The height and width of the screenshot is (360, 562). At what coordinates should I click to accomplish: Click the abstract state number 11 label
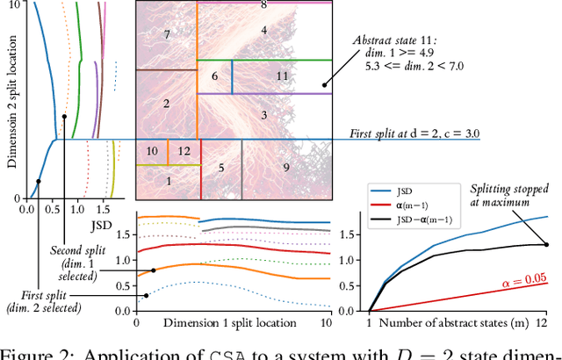pyautogui.click(x=281, y=76)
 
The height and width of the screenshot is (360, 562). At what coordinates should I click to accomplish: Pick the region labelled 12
pyautogui.click(x=183, y=151)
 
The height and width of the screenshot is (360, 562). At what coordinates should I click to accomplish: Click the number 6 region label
pyautogui.click(x=214, y=76)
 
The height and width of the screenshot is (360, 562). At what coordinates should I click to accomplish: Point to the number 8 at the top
pyautogui.click(x=263, y=5)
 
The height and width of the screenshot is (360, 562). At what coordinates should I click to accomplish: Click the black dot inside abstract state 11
pyautogui.click(x=324, y=85)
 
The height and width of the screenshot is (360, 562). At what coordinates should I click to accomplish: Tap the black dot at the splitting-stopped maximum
pyautogui.click(x=547, y=245)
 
